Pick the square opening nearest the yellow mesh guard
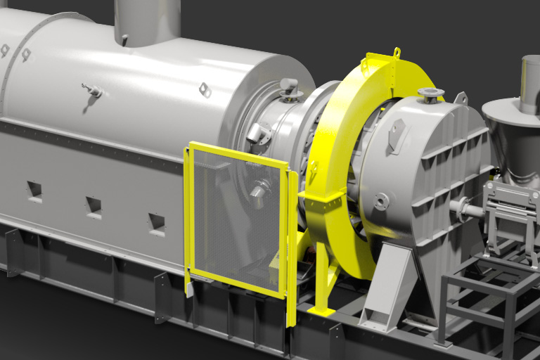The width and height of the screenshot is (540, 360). (156, 221)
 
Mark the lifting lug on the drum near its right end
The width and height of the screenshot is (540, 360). (205, 89)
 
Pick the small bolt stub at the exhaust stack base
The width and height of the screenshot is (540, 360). (124, 39)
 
